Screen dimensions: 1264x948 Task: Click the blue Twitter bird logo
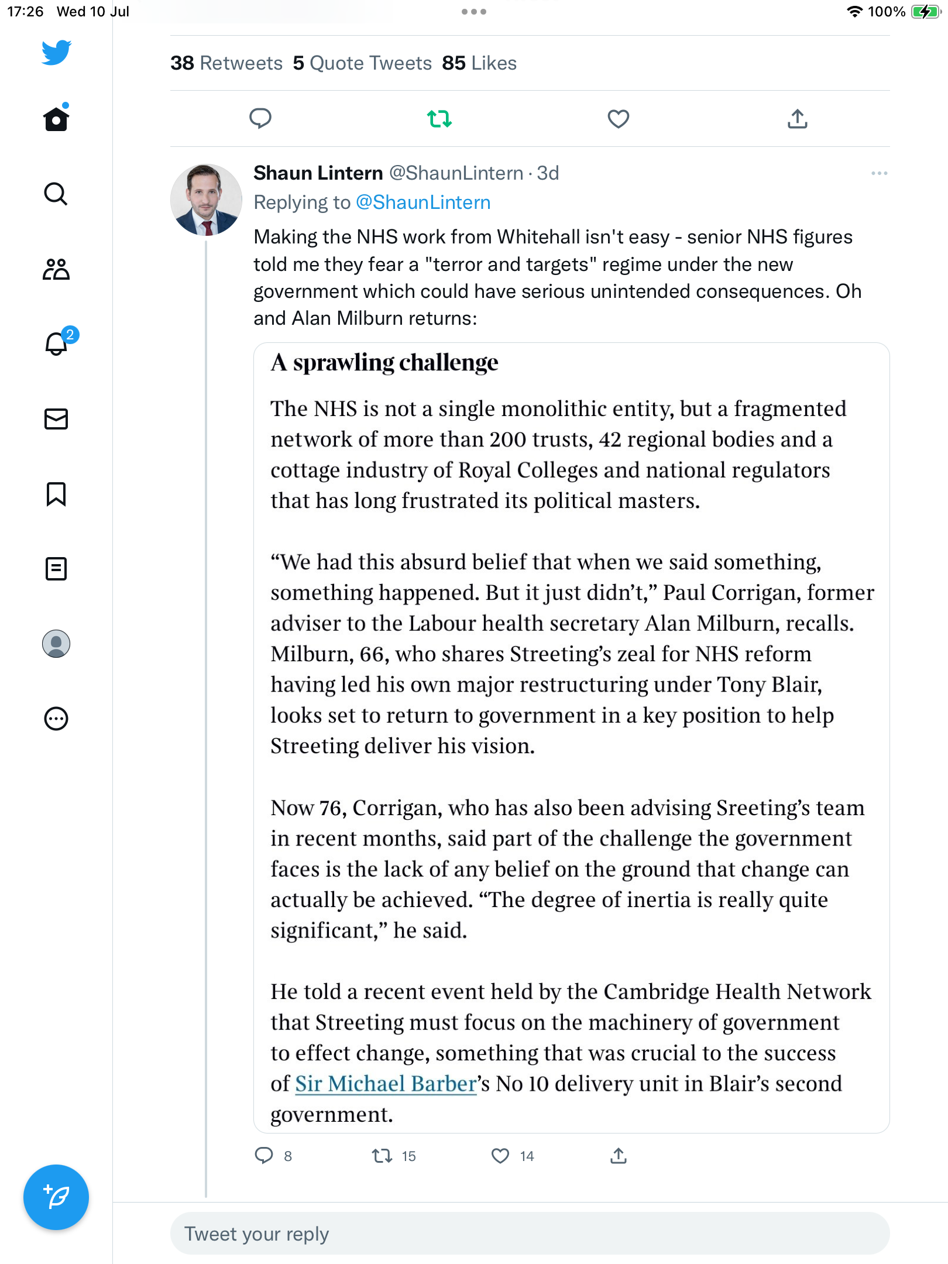(x=56, y=53)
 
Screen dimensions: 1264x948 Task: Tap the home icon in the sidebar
(x=56, y=119)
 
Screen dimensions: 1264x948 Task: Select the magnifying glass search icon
(x=56, y=194)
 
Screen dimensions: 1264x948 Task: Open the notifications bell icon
(x=57, y=344)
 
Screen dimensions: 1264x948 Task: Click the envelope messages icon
(x=56, y=419)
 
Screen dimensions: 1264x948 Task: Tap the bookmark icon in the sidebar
(x=56, y=494)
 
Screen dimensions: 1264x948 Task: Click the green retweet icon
(x=439, y=119)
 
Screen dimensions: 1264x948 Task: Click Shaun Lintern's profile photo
(x=206, y=200)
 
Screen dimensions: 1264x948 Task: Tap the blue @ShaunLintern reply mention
(x=423, y=202)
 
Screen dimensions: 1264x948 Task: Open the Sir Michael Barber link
(x=386, y=1084)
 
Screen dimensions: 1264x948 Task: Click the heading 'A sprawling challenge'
(x=384, y=363)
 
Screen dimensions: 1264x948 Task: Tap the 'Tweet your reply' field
(x=530, y=1234)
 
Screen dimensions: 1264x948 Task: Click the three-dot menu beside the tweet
(x=879, y=173)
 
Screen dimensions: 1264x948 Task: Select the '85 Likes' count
(x=479, y=63)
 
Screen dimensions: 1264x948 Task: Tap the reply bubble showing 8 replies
(x=265, y=1156)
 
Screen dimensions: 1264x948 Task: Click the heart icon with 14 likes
(x=500, y=1156)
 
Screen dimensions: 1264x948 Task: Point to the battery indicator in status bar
(x=925, y=12)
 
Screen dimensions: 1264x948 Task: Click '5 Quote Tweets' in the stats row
(x=362, y=63)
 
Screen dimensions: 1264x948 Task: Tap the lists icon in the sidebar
(x=56, y=569)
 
